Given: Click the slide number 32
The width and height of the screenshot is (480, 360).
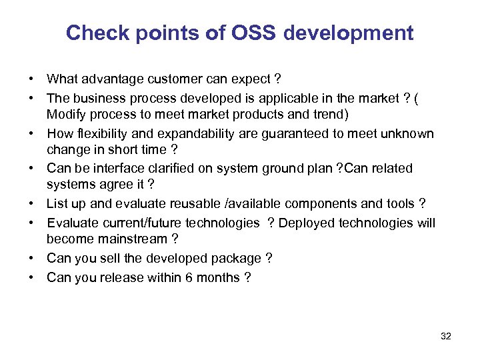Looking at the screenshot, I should click(446, 336).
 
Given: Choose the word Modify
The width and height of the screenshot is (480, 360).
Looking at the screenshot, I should click(65, 113).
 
